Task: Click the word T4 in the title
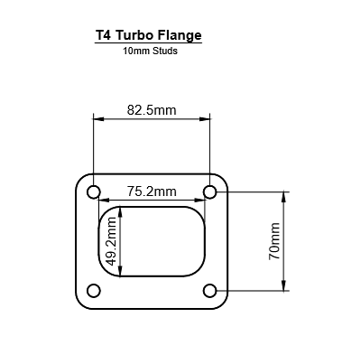(105, 36)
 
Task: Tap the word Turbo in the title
(134, 36)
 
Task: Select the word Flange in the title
(179, 36)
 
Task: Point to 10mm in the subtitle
(135, 51)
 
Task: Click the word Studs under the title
(164, 51)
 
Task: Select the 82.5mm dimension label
(151, 110)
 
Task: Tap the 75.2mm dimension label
(151, 191)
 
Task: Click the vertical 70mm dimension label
(275, 241)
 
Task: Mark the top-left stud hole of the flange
(93, 191)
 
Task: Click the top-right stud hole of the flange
(209, 191)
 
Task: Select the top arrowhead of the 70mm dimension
(286, 196)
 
